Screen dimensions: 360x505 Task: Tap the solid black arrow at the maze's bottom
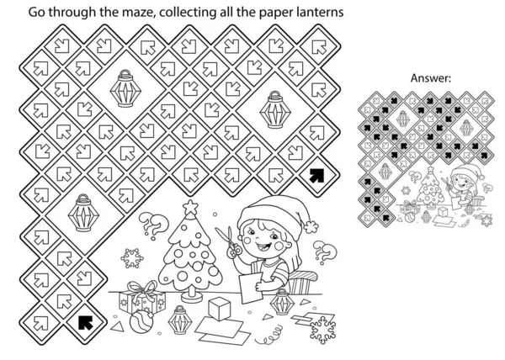(84, 320)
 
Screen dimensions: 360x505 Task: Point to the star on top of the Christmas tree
(190, 207)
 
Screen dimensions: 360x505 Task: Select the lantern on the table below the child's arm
(281, 300)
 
